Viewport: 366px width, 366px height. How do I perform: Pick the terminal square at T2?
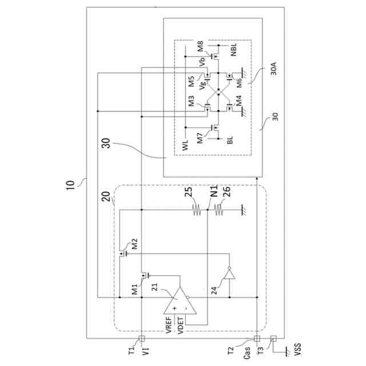[x=256, y=337]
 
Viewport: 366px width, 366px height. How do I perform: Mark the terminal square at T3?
[x=273, y=337]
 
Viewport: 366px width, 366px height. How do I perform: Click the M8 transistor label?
[x=200, y=46]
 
